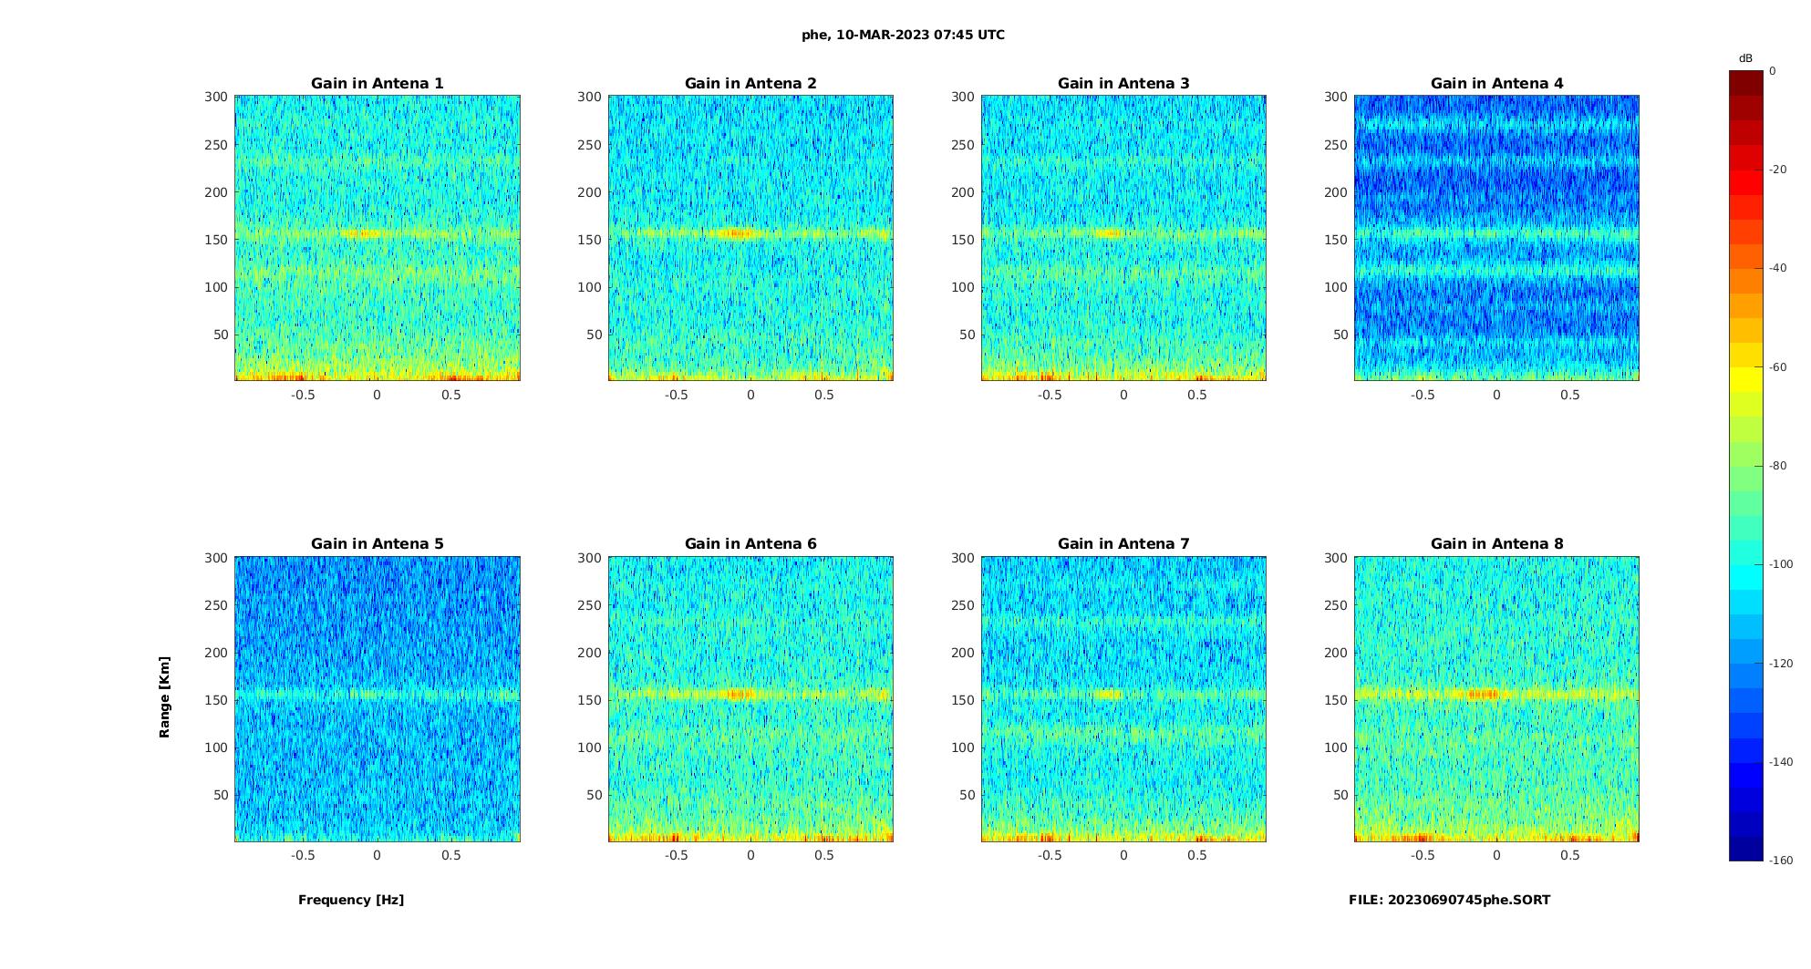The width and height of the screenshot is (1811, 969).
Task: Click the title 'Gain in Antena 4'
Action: (1496, 83)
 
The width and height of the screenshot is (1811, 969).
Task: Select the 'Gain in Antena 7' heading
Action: (1123, 543)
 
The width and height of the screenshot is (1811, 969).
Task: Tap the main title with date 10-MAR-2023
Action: (903, 35)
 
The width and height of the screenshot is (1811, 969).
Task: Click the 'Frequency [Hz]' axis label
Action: (351, 900)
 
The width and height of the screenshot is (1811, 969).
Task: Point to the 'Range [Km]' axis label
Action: (164, 697)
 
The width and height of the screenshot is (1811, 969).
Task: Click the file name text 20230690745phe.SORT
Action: (1449, 900)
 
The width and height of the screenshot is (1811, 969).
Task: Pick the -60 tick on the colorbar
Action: (1777, 367)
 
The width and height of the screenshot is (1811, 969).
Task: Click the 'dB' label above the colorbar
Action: (1745, 58)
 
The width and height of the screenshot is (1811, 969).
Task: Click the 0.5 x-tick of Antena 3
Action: (1197, 395)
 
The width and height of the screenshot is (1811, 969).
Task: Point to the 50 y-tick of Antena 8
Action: (1340, 795)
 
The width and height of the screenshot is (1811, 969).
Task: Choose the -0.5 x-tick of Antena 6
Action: (676, 855)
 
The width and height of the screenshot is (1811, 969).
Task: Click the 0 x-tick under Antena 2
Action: (750, 395)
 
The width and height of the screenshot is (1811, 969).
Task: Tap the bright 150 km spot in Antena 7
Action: (1109, 695)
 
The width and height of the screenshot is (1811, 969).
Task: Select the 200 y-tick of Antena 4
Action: (1335, 192)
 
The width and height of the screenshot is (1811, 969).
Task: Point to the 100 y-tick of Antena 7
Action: (962, 747)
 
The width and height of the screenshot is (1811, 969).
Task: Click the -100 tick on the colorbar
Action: (1780, 564)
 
